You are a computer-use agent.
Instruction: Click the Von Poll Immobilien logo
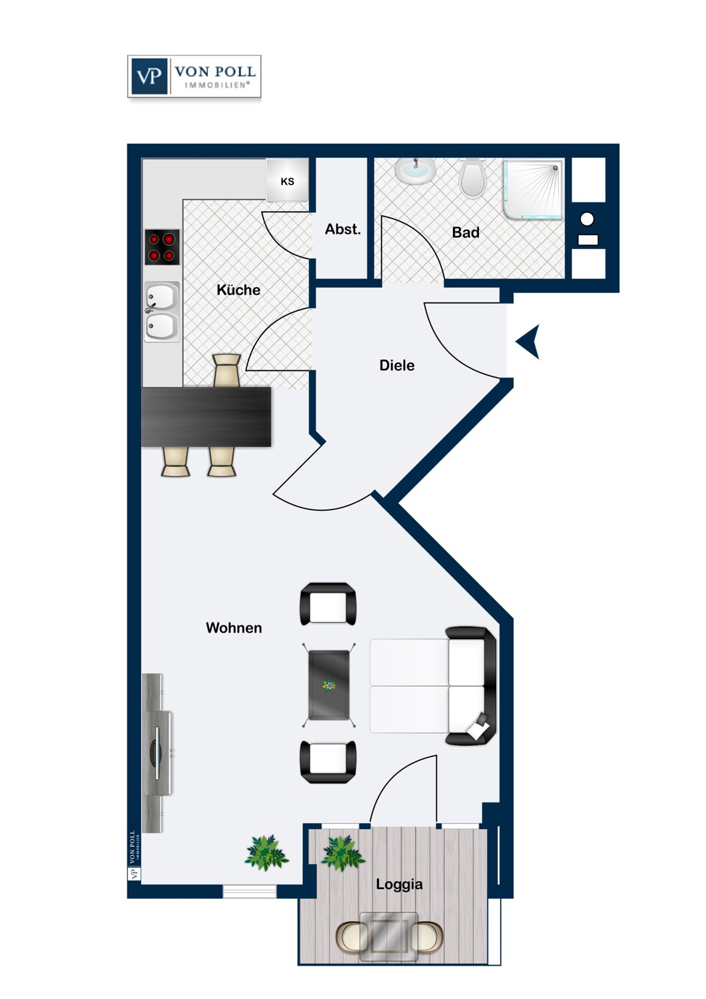pos(194,77)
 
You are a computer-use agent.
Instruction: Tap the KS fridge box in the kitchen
pos(287,180)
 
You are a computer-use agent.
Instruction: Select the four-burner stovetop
pos(162,247)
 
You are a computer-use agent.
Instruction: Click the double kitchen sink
pos(161,311)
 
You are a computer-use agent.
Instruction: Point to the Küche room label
pos(238,290)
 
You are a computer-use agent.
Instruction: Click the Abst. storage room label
pos(342,229)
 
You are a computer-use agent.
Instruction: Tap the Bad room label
pos(466,232)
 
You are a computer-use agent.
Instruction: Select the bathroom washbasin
pos(415,170)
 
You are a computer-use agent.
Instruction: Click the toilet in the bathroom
pos(472,178)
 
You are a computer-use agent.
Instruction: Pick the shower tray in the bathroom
pos(533,188)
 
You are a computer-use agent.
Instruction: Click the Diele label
pos(397,365)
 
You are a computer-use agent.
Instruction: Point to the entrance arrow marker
pos(528,342)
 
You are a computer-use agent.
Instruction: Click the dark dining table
pos(206,416)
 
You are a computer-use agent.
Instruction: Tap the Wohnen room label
pos(234,627)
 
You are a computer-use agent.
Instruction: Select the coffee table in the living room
pos(329,685)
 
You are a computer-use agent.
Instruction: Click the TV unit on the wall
pos(157,753)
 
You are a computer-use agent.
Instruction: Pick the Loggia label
pos(399,884)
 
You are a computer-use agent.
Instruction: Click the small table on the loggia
pos(389,936)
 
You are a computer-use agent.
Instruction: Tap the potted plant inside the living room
pos(266,853)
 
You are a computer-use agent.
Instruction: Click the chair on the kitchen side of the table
pos(226,370)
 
